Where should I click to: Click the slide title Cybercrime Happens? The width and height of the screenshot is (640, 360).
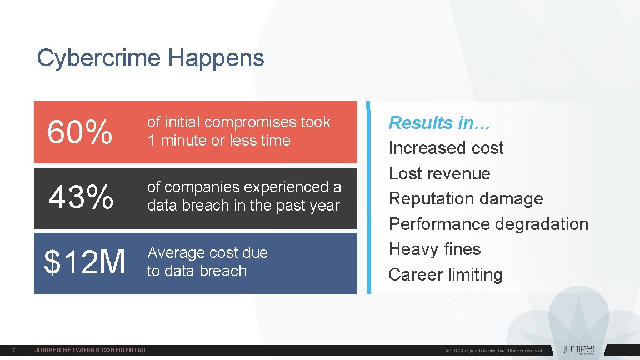click(150, 58)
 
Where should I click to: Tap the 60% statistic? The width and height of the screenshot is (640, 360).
click(80, 133)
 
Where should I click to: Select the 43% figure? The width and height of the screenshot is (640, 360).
click(81, 198)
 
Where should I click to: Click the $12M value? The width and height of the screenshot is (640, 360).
click(84, 262)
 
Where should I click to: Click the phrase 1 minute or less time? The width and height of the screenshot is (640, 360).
click(218, 141)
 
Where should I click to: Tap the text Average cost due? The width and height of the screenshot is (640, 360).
click(207, 253)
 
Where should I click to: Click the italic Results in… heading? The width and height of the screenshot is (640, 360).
click(439, 123)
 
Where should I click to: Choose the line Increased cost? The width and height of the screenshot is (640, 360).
click(446, 148)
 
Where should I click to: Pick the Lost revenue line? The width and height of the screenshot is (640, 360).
click(439, 173)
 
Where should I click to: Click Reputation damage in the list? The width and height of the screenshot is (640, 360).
click(466, 198)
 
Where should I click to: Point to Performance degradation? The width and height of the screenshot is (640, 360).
click(488, 224)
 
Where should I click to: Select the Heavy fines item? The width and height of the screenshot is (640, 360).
click(434, 249)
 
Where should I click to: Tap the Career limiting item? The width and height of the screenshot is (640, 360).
click(445, 274)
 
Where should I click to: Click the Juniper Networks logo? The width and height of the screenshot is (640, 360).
click(578, 350)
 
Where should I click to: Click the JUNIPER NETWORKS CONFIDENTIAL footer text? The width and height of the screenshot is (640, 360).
click(91, 350)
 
